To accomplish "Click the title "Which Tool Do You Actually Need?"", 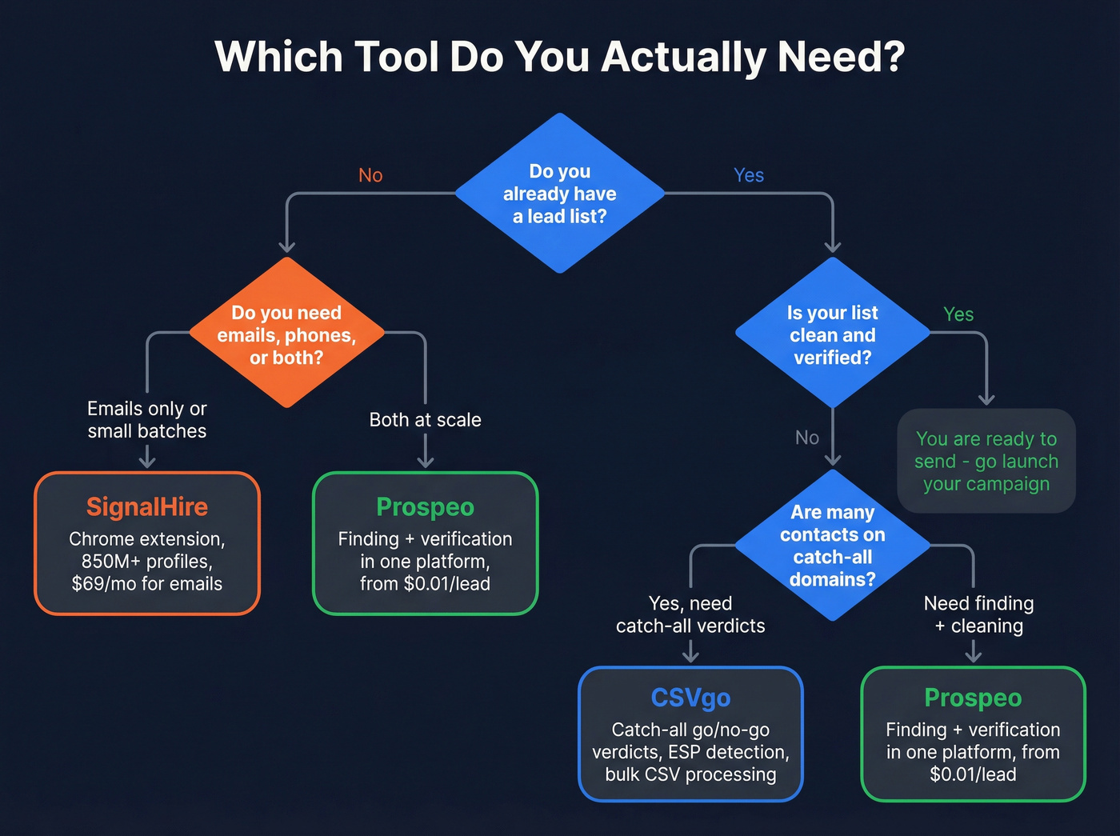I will pyautogui.click(x=559, y=57).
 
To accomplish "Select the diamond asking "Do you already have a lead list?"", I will pyautogui.click(x=560, y=194).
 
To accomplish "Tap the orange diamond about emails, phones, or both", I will pyautogui.click(x=286, y=334).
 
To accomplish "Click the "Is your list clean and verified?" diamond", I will pyautogui.click(x=832, y=334).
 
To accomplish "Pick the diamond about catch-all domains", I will pyautogui.click(x=832, y=545).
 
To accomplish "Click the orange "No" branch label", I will pyautogui.click(x=370, y=175).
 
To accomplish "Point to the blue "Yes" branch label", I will pyautogui.click(x=749, y=175).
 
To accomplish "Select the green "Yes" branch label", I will pyautogui.click(x=958, y=314).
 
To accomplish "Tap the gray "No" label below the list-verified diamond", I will pyautogui.click(x=807, y=438).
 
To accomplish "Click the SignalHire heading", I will pyautogui.click(x=147, y=506).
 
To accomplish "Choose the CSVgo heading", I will pyautogui.click(x=690, y=698).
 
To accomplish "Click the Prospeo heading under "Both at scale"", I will pyautogui.click(x=425, y=506).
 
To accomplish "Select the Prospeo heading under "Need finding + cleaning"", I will pyautogui.click(x=973, y=698).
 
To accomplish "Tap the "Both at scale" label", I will pyautogui.click(x=425, y=420).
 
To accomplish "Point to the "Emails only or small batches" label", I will pyautogui.click(x=147, y=420).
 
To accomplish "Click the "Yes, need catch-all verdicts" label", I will pyautogui.click(x=690, y=614).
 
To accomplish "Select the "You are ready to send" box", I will pyautogui.click(x=986, y=461).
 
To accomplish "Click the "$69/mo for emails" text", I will pyautogui.click(x=147, y=584).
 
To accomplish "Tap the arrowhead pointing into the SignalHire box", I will pyautogui.click(x=147, y=462).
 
